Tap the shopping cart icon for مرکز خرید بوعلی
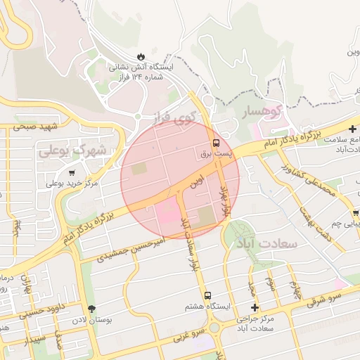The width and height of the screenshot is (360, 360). click(72, 172)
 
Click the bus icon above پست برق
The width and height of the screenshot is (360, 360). click(215, 141)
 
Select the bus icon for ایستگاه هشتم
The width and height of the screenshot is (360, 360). click(207, 296)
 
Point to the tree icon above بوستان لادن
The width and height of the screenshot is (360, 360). click(91, 309)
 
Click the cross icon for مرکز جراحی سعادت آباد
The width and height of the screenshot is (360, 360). click(255, 308)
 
